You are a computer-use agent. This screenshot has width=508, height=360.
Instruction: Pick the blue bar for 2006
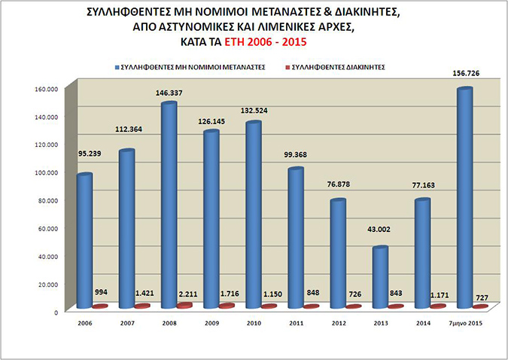85,241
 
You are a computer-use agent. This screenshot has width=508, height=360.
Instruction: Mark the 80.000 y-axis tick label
47,200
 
